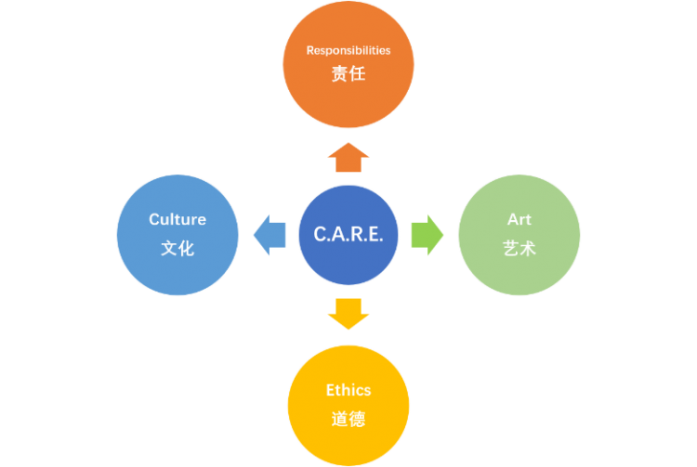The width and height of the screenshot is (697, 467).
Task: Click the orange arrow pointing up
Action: [x=348, y=159]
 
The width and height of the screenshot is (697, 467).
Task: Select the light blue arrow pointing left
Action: [x=270, y=235]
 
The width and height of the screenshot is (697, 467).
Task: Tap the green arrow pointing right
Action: [x=427, y=235]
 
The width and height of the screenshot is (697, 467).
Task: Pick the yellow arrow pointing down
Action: [x=348, y=314]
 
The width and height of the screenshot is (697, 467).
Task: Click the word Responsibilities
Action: [x=348, y=50]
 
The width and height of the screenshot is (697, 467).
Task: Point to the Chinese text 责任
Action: [x=348, y=75]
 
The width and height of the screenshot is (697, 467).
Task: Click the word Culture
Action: [x=178, y=220]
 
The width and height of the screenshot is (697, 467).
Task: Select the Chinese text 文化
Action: [x=178, y=248]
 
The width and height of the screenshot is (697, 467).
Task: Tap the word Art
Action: [x=519, y=220]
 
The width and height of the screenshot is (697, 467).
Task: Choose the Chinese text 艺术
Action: [x=519, y=248]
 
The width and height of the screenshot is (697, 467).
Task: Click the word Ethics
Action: [x=348, y=390]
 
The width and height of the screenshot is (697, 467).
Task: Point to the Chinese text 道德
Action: [x=348, y=419]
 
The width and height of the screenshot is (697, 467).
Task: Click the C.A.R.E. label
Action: [x=348, y=236]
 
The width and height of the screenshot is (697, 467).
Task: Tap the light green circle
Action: [x=519, y=269]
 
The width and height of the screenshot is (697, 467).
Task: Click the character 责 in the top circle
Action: [x=340, y=75]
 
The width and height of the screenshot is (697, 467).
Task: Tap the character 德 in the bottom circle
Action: [x=357, y=419]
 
